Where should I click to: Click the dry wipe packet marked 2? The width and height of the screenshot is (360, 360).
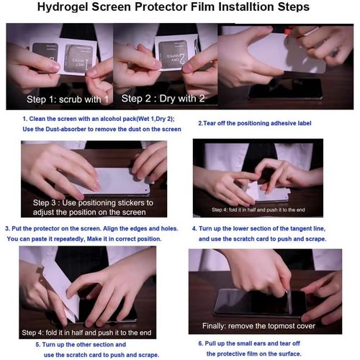tap(173, 52)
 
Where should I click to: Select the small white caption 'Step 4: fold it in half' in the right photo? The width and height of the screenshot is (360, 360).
tap(260, 210)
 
